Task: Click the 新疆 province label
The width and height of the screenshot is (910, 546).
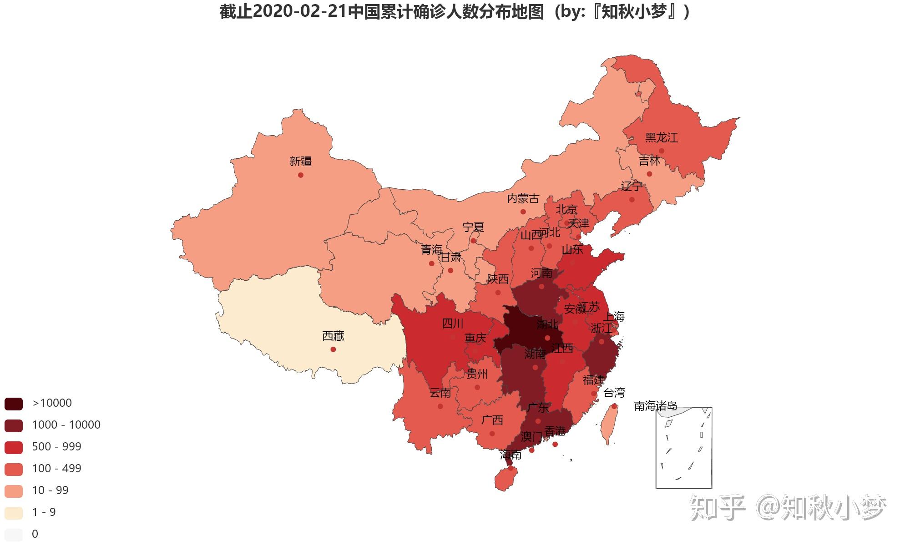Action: click(301, 162)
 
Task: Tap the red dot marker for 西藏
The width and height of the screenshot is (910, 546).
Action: click(333, 349)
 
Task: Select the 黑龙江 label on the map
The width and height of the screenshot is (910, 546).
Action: click(661, 138)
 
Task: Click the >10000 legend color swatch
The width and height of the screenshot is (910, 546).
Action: click(14, 404)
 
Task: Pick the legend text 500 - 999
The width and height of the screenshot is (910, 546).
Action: click(56, 447)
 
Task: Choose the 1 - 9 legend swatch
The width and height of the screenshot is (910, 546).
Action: click(14, 513)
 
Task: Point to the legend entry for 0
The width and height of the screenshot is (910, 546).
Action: click(35, 534)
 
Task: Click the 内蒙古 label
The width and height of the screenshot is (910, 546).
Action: click(523, 199)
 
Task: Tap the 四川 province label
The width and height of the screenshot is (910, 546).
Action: click(453, 324)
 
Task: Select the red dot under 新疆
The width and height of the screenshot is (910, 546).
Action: click(301, 175)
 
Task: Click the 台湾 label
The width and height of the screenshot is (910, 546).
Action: click(614, 393)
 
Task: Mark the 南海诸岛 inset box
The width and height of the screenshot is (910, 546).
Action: click(684, 448)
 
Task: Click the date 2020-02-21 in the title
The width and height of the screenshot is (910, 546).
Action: click(300, 12)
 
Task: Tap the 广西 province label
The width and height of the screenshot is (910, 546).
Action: click(492, 420)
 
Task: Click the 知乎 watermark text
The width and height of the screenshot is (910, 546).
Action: click(717, 507)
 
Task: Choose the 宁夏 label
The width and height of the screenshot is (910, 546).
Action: click(473, 227)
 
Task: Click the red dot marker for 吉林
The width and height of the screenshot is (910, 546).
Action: click(649, 174)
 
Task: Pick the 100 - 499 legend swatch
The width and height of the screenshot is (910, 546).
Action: click(14, 469)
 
